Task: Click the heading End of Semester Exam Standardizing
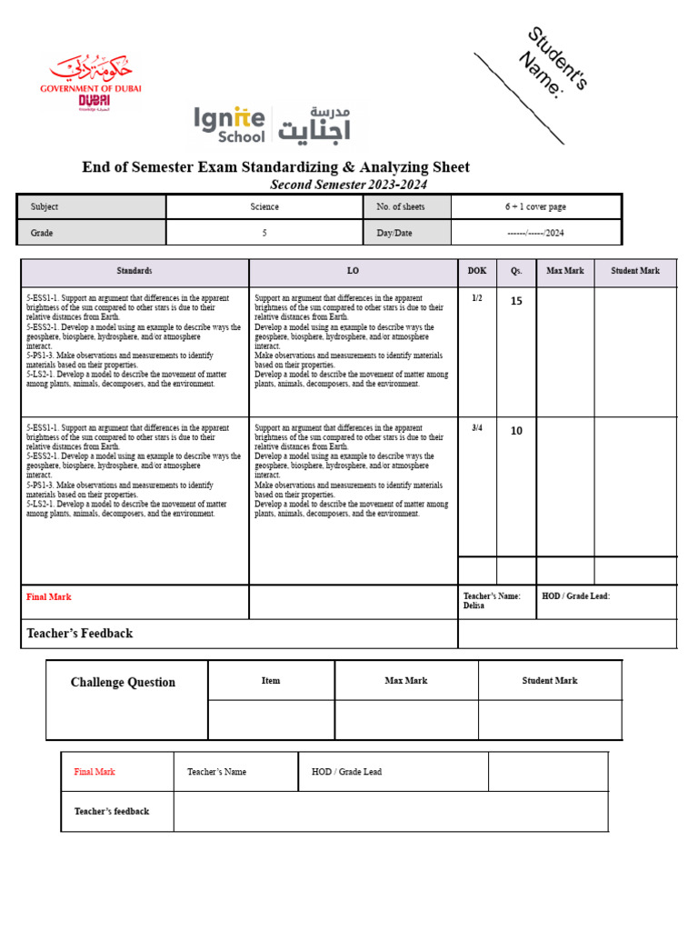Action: coord(275,166)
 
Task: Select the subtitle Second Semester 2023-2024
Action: coord(348,185)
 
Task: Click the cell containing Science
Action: coord(264,206)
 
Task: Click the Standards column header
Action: coord(135,271)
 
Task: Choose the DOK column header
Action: coord(477,271)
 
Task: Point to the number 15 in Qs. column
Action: coord(516,301)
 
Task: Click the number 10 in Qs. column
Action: coord(516,431)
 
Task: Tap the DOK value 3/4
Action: coord(477,427)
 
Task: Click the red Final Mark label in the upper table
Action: coord(49,597)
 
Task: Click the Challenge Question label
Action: coord(123,682)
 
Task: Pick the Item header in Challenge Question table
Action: coord(271,680)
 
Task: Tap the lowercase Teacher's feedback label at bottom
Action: coord(112,811)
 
